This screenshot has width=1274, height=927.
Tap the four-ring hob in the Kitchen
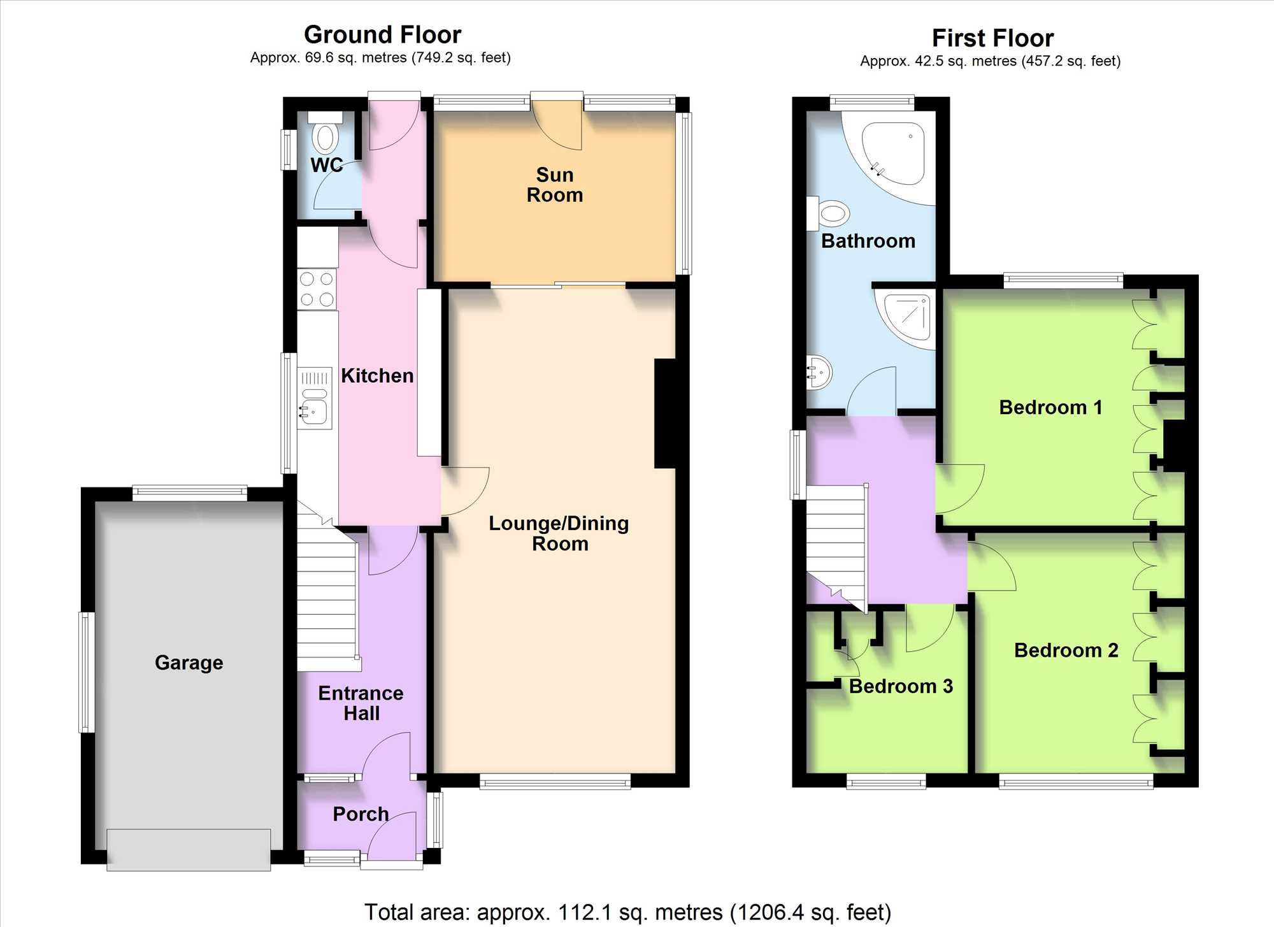317,289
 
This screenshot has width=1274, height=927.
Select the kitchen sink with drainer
315,398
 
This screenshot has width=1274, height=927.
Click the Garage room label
189,663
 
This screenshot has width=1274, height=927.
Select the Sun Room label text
555,185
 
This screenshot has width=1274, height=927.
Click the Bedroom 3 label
901,686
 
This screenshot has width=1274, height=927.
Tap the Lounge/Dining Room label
559,533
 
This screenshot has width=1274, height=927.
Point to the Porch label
361,814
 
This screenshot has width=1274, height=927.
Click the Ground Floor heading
382,34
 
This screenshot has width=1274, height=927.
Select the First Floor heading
992,38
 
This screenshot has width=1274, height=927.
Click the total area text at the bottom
627,912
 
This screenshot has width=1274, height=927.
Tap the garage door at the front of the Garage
189,850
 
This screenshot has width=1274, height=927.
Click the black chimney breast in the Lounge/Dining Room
666,414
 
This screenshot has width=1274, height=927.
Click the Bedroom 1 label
1050,408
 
